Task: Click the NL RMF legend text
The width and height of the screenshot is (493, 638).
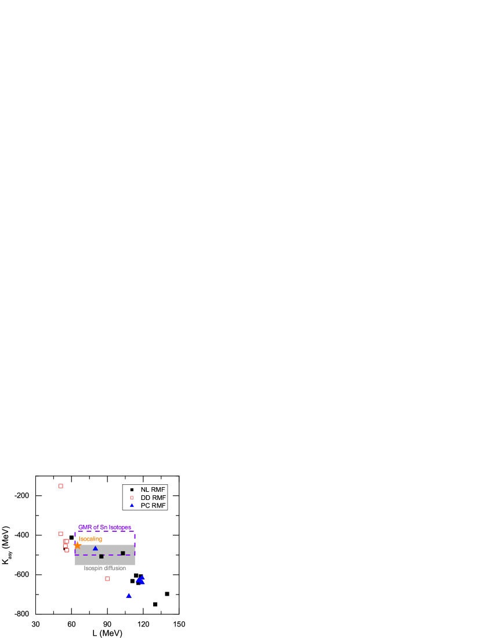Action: (153, 490)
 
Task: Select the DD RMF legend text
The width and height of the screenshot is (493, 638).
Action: (153, 498)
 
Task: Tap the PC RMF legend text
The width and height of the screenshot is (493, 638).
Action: (153, 506)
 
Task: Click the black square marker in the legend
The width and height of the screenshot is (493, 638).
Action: (132, 490)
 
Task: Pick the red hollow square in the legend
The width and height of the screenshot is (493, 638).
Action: (132, 498)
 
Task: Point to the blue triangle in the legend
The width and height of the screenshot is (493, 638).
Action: (132, 505)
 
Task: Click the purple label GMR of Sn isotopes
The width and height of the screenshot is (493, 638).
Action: (104, 527)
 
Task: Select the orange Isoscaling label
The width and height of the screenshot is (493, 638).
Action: (90, 539)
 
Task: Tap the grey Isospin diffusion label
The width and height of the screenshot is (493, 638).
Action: (104, 568)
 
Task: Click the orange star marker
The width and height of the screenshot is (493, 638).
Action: (78, 546)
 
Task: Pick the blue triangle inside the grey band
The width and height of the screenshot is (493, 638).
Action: (96, 548)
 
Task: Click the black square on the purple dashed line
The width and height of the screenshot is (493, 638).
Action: (101, 556)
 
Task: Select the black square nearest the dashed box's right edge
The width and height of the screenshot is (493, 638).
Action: (123, 553)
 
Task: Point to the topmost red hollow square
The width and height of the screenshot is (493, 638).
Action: (61, 486)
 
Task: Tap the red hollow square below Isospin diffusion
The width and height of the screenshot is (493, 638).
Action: (107, 579)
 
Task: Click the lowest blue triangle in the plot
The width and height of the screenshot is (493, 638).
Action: (129, 596)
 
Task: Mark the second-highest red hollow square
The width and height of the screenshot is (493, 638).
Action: (61, 534)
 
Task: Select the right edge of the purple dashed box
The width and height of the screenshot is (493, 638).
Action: (135, 543)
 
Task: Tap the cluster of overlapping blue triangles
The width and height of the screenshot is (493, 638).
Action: (140, 579)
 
